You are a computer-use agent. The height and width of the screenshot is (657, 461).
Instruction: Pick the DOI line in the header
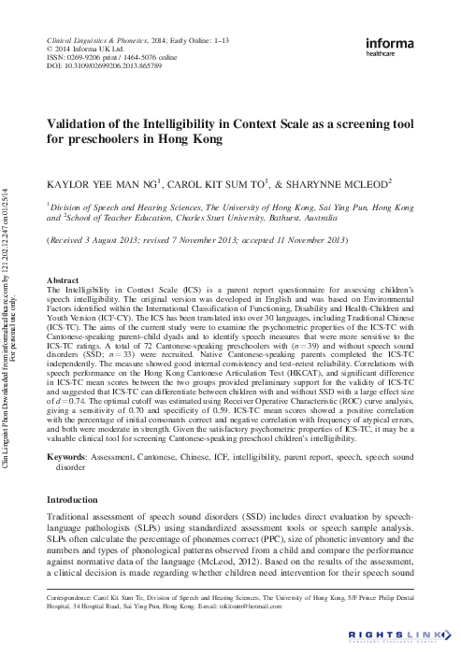(104, 66)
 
